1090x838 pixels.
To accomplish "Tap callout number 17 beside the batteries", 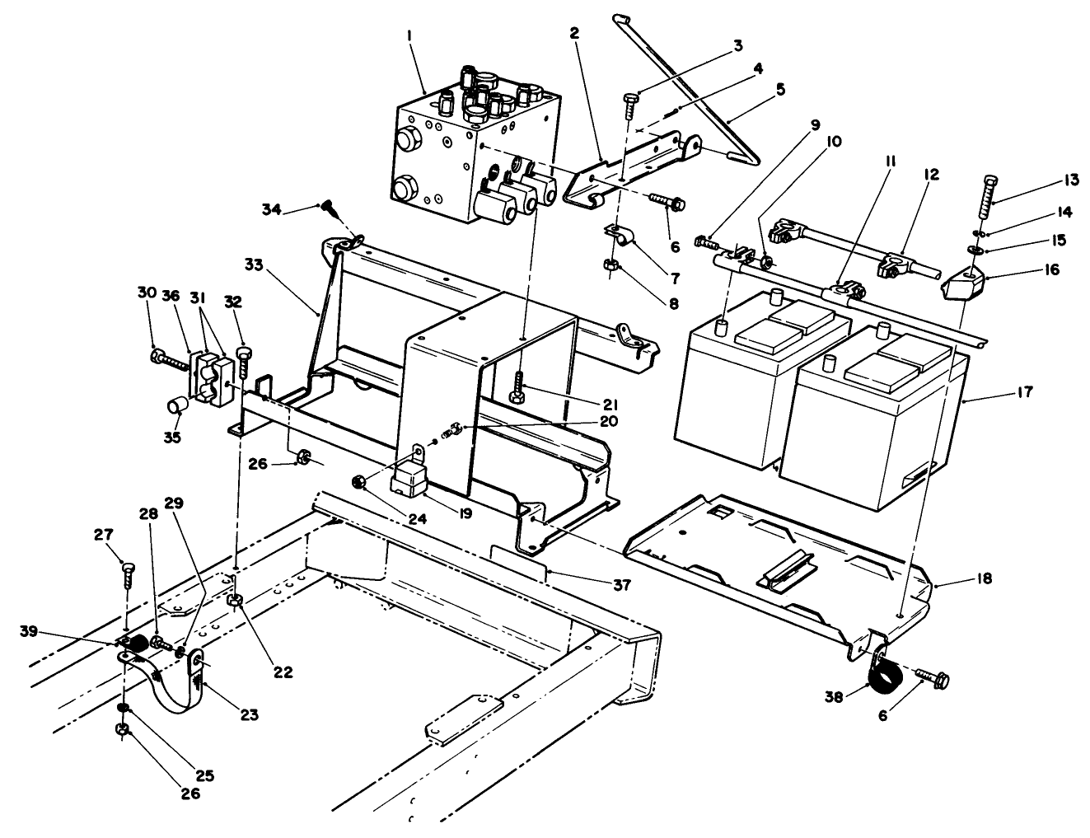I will [x=1023, y=392].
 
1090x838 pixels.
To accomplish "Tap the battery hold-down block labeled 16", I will [x=961, y=286].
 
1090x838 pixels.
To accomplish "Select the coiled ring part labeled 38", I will [x=884, y=679].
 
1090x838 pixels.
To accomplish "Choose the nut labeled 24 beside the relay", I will [x=358, y=480].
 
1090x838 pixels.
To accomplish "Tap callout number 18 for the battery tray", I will [x=985, y=579].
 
